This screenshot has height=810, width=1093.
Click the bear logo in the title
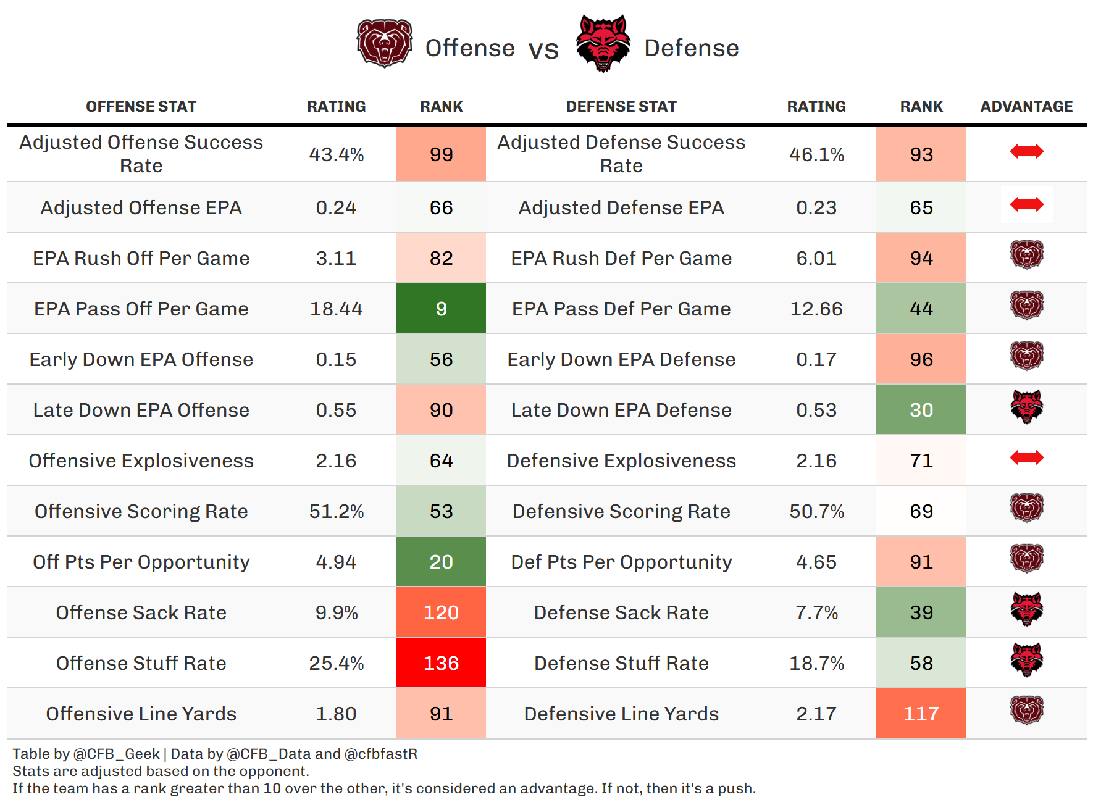384,43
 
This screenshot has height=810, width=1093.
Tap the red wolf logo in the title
603,44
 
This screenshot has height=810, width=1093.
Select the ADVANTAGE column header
1026,107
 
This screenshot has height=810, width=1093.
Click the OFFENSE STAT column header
141,107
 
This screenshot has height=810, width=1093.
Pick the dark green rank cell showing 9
441,309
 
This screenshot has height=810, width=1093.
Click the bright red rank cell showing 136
441,663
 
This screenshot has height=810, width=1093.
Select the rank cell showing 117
921,714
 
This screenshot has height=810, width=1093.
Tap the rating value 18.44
336,309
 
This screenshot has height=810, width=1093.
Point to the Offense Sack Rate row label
141,612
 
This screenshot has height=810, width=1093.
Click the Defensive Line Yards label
621,714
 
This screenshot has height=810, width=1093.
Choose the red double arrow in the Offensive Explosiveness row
1026,457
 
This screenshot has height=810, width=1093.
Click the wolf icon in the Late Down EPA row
1026,407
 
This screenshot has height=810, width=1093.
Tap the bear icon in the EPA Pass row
1026,306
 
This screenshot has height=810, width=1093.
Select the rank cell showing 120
441,612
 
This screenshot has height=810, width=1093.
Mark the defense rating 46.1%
816,154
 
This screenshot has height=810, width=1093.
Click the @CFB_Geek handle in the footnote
117,754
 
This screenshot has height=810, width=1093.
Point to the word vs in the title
543,49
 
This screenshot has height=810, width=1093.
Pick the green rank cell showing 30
921,410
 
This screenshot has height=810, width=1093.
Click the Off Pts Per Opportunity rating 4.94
336,562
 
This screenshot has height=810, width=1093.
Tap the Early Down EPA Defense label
621,359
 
